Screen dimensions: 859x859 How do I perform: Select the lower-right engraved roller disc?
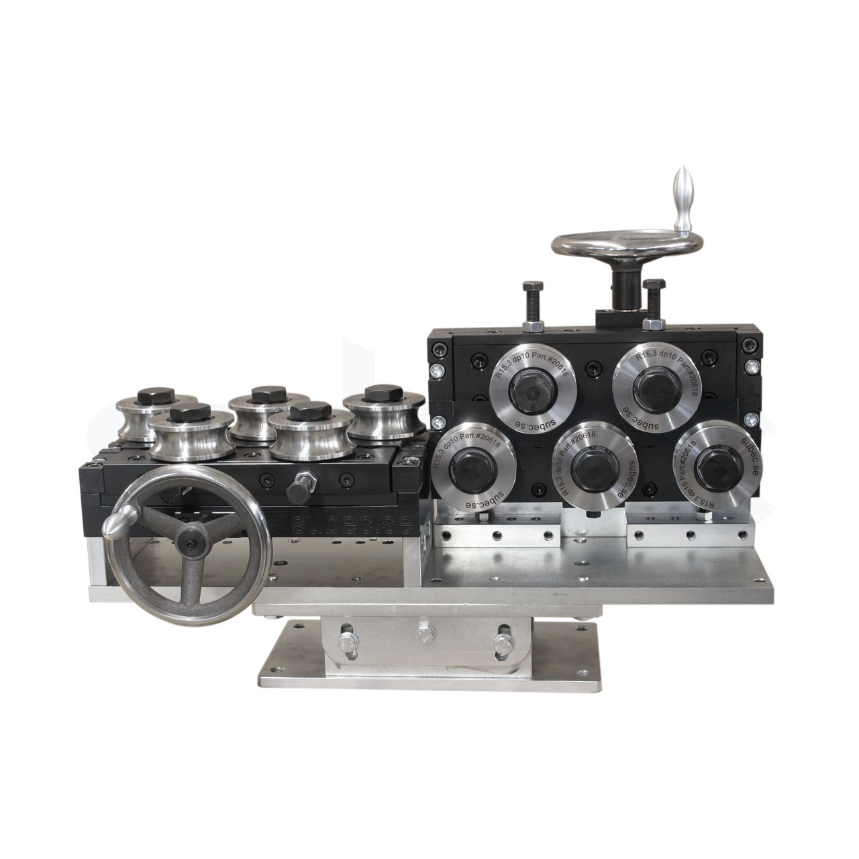[713, 461]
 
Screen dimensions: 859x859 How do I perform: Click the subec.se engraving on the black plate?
[349, 523]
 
